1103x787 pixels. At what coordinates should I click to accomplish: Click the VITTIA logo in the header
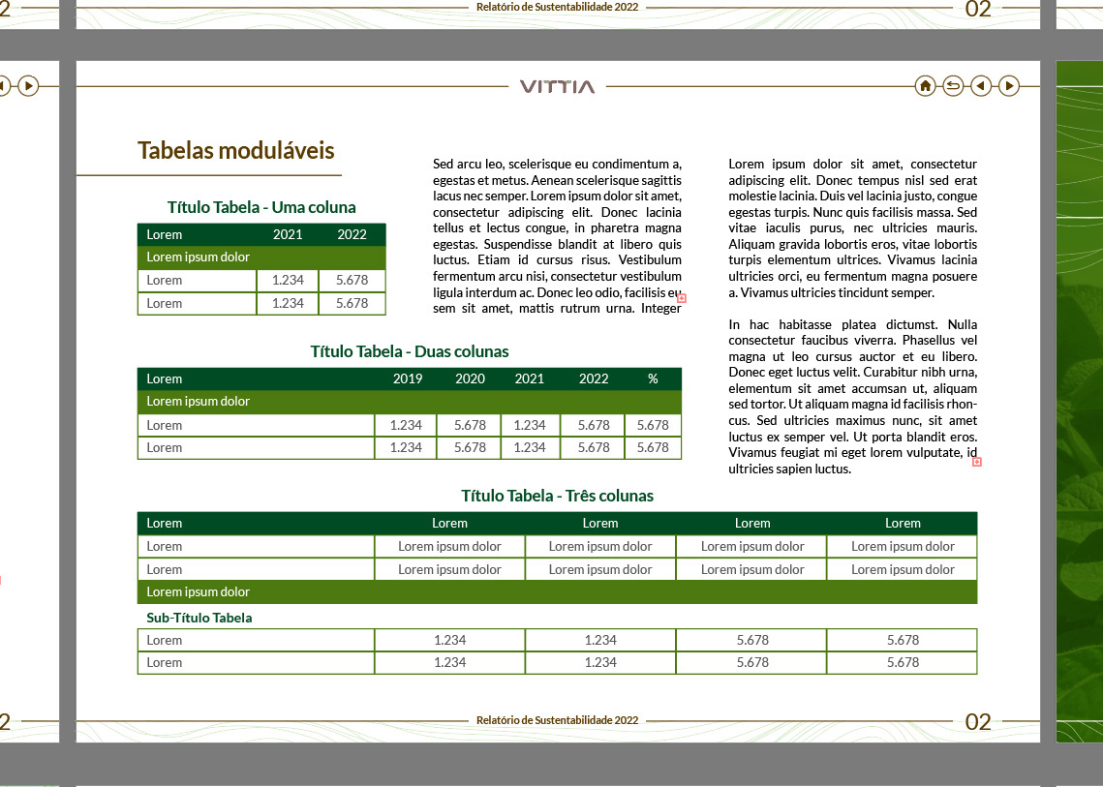pyautogui.click(x=557, y=86)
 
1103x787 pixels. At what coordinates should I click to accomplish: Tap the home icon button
pyautogui.click(x=925, y=86)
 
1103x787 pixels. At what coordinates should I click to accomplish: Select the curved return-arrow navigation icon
pyautogui.click(x=953, y=86)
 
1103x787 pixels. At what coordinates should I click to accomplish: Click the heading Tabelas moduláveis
pyautogui.click(x=236, y=150)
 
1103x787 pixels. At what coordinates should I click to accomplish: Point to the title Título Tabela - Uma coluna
pyautogui.click(x=261, y=207)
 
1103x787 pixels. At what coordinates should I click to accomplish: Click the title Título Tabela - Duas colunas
pyautogui.click(x=410, y=351)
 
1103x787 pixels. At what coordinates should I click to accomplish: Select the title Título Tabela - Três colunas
pyautogui.click(x=557, y=496)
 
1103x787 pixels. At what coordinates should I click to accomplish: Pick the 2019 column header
pyautogui.click(x=408, y=378)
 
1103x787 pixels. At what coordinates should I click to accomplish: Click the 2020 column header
pyautogui.click(x=470, y=378)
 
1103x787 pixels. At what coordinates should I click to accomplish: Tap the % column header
pyautogui.click(x=653, y=378)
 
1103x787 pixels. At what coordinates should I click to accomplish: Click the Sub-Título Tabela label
pyautogui.click(x=199, y=618)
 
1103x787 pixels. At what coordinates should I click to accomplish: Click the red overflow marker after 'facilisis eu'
pyautogui.click(x=682, y=298)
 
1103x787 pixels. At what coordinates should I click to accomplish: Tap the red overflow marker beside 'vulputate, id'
pyautogui.click(x=976, y=462)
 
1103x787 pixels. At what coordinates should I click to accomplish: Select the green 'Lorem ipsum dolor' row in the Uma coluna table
pyautogui.click(x=261, y=257)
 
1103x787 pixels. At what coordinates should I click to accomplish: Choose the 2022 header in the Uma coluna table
pyautogui.click(x=352, y=234)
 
